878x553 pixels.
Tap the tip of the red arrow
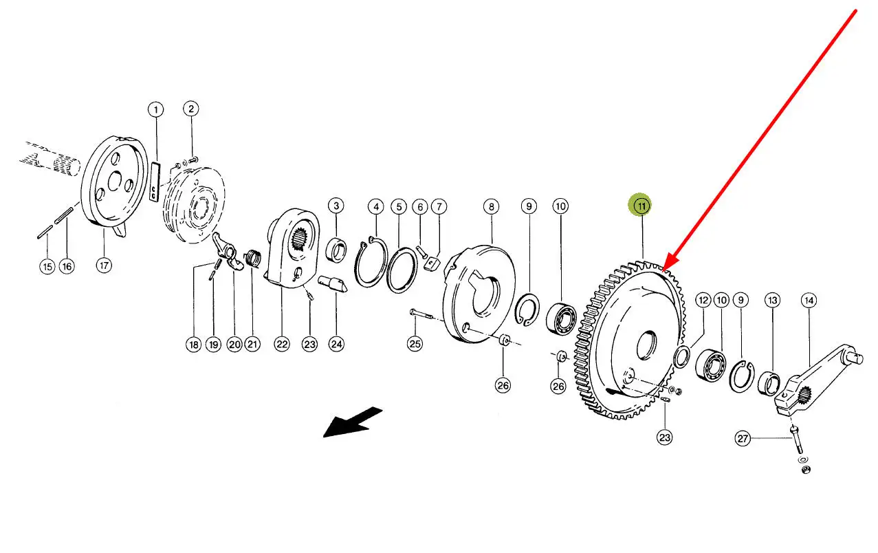(x=662, y=271)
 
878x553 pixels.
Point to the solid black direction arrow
(x=353, y=422)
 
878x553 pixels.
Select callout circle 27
(x=743, y=438)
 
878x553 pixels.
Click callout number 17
(x=104, y=265)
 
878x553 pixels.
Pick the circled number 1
(x=156, y=110)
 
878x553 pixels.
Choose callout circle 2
(x=191, y=109)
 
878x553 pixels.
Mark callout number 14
(x=809, y=301)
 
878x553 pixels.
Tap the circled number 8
(x=491, y=206)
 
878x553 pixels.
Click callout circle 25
(x=415, y=344)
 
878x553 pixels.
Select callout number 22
(x=282, y=344)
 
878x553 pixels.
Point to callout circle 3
(x=336, y=206)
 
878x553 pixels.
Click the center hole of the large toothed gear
(x=647, y=345)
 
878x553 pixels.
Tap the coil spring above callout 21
(x=253, y=259)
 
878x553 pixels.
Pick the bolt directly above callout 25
(x=421, y=314)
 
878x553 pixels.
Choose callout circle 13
(x=772, y=301)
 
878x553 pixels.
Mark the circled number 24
(x=336, y=344)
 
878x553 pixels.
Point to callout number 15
(x=47, y=267)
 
